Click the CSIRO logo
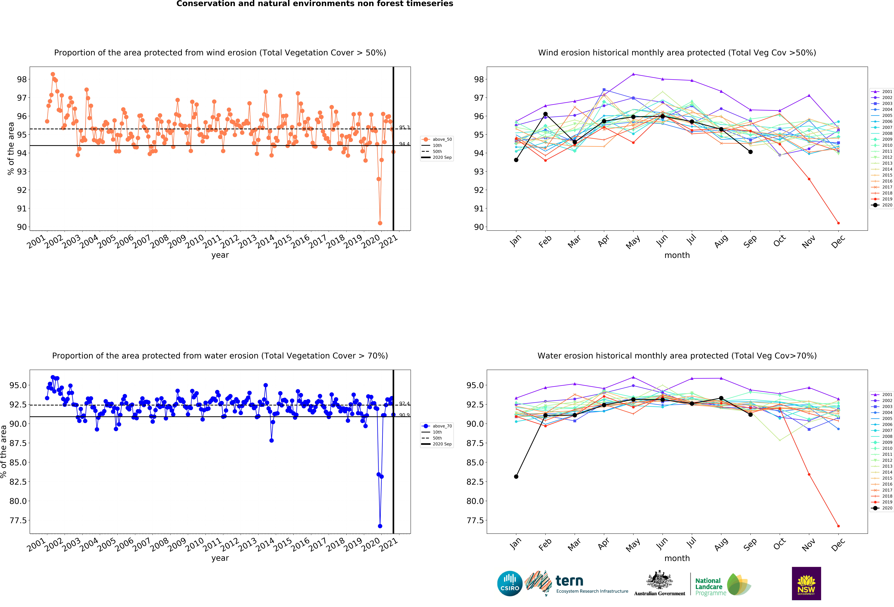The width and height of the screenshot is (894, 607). (510, 583)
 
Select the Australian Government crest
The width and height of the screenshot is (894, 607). (659, 581)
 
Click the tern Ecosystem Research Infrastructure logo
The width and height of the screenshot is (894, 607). (577, 583)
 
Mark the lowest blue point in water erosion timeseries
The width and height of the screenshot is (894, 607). (380, 526)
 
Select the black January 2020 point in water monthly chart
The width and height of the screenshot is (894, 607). (516, 476)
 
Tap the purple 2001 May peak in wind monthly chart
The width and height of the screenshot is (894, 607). (633, 74)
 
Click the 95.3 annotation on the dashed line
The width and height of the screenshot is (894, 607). (404, 127)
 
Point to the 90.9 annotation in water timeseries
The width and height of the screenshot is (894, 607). (404, 415)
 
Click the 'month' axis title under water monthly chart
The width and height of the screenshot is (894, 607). (677, 558)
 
